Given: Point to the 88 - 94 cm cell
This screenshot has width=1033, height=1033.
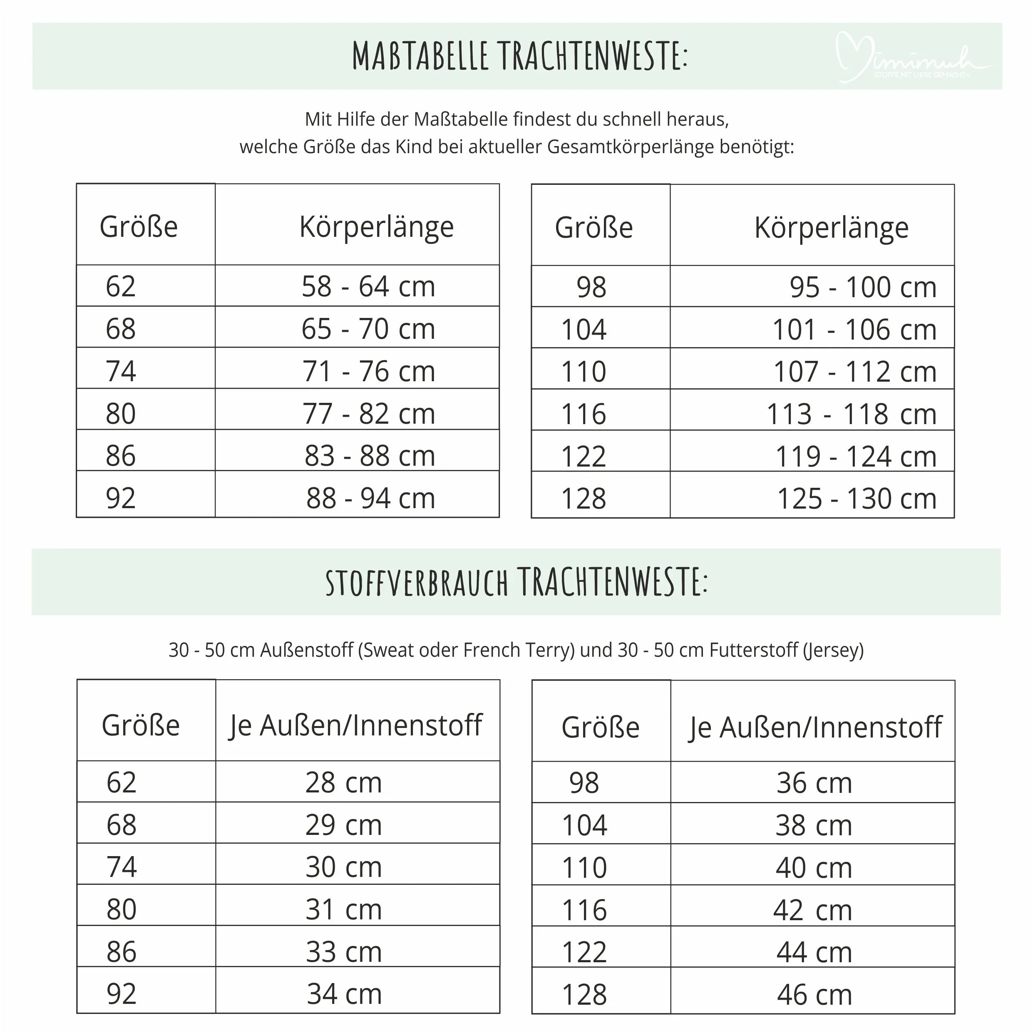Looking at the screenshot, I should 370,498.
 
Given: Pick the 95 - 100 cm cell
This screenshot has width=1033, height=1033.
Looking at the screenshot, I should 862,287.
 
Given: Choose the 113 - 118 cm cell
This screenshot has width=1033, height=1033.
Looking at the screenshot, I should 851,414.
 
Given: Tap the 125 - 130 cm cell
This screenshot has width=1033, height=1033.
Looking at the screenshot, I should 856,498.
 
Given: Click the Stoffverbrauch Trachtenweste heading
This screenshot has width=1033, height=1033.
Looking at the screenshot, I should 516,582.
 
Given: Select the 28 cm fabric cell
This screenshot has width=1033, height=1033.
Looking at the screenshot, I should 343,782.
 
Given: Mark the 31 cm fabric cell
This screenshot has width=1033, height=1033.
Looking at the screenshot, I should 343,909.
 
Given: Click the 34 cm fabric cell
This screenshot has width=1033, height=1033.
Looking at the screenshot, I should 344,993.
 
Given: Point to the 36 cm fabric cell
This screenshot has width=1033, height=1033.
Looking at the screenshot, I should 814,783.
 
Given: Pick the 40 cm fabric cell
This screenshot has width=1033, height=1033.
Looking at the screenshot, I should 813,867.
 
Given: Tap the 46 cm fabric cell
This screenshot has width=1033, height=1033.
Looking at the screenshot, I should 814,995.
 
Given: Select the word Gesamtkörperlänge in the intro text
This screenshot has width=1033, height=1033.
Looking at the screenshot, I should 631,147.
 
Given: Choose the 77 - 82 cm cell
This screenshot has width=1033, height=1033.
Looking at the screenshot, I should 368,413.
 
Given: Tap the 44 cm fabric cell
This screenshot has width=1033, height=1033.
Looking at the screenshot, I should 814,952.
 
